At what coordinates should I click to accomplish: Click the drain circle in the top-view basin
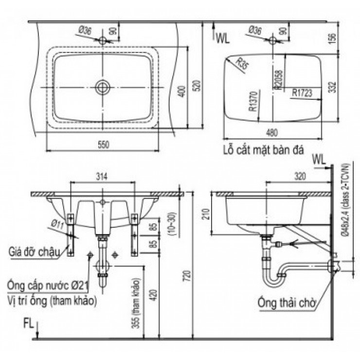102,87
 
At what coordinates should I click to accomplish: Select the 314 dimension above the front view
102,176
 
